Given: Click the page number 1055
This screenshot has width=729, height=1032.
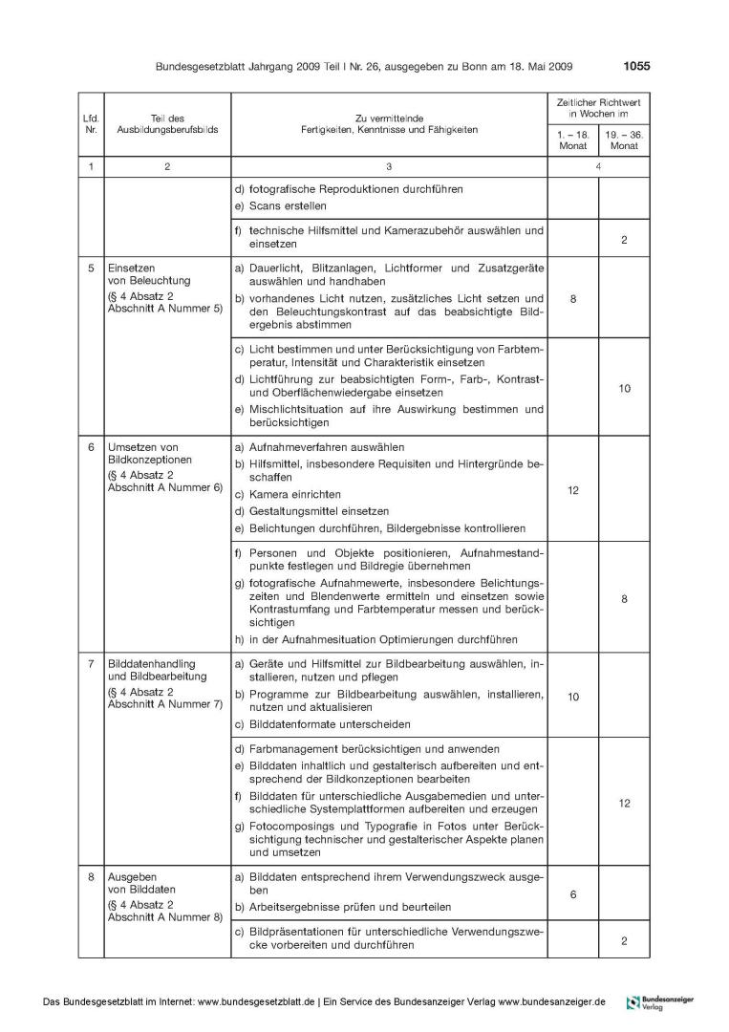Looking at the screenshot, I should pos(635,67).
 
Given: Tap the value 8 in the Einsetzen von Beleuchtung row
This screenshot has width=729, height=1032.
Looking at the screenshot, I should pos(572,299).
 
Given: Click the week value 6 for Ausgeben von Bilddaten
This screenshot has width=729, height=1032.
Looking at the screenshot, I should pos(572,894).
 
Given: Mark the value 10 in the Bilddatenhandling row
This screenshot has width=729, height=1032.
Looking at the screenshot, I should pos(572,697).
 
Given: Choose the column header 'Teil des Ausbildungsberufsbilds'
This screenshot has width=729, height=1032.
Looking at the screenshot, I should pos(167,123).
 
